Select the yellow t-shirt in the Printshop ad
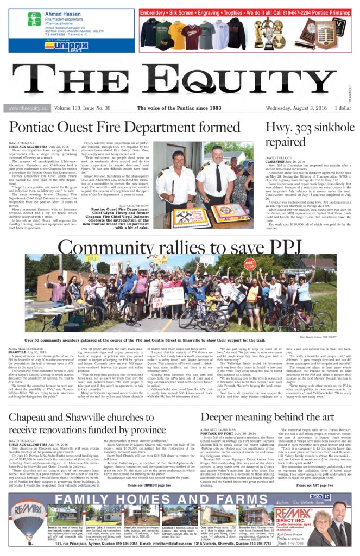coord(176,34)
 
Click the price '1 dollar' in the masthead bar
coord(344,108)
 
